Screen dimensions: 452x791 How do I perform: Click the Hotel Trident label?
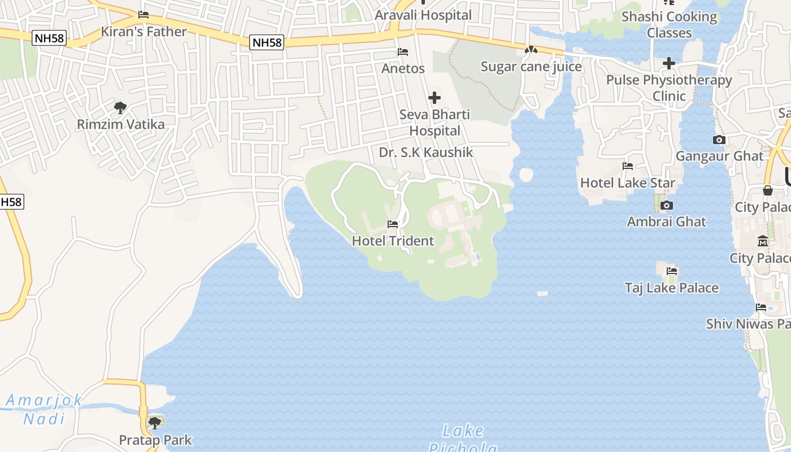pyautogui.click(x=393, y=241)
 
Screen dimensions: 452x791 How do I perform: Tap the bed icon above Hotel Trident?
pyautogui.click(x=393, y=224)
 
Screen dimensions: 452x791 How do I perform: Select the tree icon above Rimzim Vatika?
pyautogui.click(x=120, y=107)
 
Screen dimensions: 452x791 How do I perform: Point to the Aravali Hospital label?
pyautogui.click(x=423, y=15)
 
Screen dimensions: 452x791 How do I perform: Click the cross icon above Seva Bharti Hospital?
pyautogui.click(x=434, y=98)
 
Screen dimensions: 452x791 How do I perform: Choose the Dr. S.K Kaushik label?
pyautogui.click(x=426, y=153)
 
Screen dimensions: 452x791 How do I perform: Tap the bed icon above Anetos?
pyautogui.click(x=403, y=52)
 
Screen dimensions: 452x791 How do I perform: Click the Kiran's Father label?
pyautogui.click(x=144, y=32)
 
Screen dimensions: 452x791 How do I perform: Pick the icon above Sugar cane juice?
pyautogui.click(x=531, y=50)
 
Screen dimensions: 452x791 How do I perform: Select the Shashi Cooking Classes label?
pyautogui.click(x=669, y=24)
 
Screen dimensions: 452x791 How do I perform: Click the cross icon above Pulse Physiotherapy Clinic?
pyautogui.click(x=669, y=63)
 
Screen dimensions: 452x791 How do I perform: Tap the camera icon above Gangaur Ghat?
pyautogui.click(x=719, y=140)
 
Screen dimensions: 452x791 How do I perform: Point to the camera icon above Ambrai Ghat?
pyautogui.click(x=667, y=205)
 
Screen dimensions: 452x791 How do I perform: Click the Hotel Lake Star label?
pyautogui.click(x=628, y=183)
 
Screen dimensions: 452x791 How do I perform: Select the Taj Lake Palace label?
pyautogui.click(x=672, y=288)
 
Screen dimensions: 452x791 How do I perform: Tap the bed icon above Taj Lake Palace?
pyautogui.click(x=672, y=271)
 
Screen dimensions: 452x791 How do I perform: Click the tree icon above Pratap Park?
pyautogui.click(x=155, y=423)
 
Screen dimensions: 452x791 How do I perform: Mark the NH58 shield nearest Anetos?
pyautogui.click(x=266, y=42)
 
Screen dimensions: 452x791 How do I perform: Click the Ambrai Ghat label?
pyautogui.click(x=667, y=221)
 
